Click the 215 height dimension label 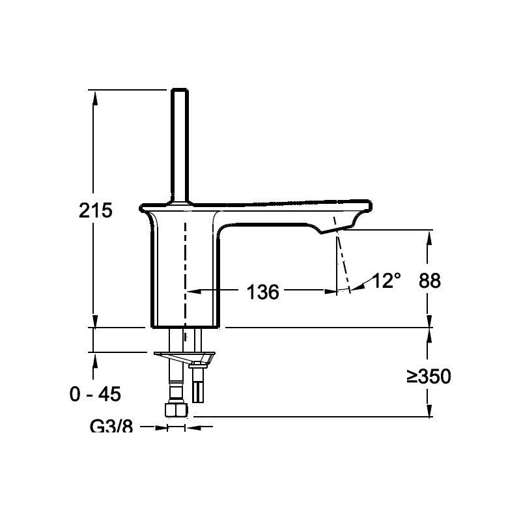[x=96, y=210]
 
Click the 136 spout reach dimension [x=262, y=292]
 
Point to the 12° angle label [x=386, y=281]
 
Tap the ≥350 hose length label [x=429, y=376]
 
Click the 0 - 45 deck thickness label [x=96, y=393]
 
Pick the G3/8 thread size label [x=111, y=427]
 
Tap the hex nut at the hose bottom [x=176, y=410]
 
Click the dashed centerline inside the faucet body [x=185, y=274]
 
